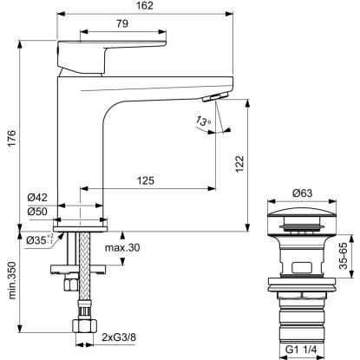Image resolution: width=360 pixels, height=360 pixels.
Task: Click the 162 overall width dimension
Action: pyautogui.click(x=145, y=5)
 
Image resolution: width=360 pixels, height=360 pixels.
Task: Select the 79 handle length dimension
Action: pyautogui.click(x=122, y=23)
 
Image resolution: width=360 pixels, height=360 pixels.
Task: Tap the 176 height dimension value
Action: pyautogui.click(x=11, y=139)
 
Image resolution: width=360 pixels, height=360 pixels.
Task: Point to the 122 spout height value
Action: pyautogui.click(x=239, y=164)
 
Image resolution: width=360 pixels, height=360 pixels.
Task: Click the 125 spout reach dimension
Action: pyautogui.click(x=146, y=180)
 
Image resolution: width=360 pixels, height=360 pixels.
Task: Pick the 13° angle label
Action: pyautogui.click(x=204, y=121)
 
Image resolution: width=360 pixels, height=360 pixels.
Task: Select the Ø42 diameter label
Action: pyautogui.click(x=37, y=198)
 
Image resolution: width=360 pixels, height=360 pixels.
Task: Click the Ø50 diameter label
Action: pyautogui.click(x=37, y=212)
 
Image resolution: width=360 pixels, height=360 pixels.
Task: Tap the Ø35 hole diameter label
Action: pyautogui.click(x=40, y=239)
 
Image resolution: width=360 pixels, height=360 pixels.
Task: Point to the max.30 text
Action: pyautogui.click(x=122, y=247)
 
